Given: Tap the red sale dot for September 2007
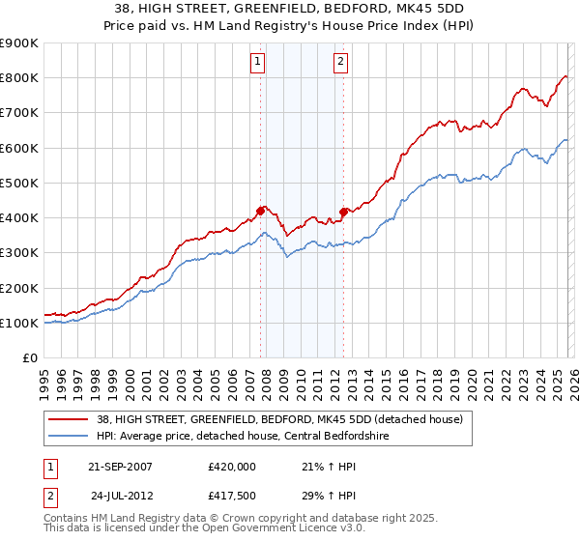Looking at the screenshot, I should click(261, 210).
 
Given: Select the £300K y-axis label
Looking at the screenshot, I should click(19, 253).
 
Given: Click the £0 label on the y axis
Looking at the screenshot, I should click(30, 358).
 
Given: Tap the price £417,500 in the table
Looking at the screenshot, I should click(232, 497).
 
